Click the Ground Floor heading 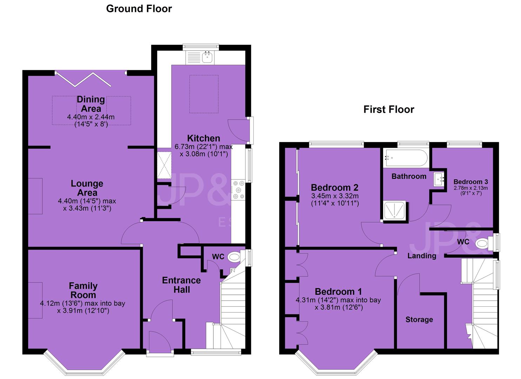pyautogui.click(x=139, y=9)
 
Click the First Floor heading pyautogui.click(x=389, y=109)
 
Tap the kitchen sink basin pyautogui.click(x=207, y=57)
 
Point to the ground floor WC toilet pyautogui.click(x=234, y=257)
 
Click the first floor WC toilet pyautogui.click(x=482, y=244)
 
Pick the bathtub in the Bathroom pyautogui.click(x=406, y=158)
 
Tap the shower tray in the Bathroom pyautogui.click(x=395, y=210)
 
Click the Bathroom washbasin pyautogui.click(x=439, y=179)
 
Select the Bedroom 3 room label pyautogui.click(x=471, y=182)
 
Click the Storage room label pyautogui.click(x=419, y=319)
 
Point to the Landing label pyautogui.click(x=422, y=256)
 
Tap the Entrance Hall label pyautogui.click(x=181, y=285)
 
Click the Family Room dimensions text pyautogui.click(x=82, y=307)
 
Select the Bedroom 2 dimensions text pyautogui.click(x=335, y=200)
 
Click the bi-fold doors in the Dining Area pyautogui.click(x=84, y=80)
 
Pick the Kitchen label pyautogui.click(x=203, y=138)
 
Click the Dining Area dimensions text pyautogui.click(x=91, y=120)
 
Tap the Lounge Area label pyautogui.click(x=87, y=188)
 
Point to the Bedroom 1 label pyautogui.click(x=338, y=292)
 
